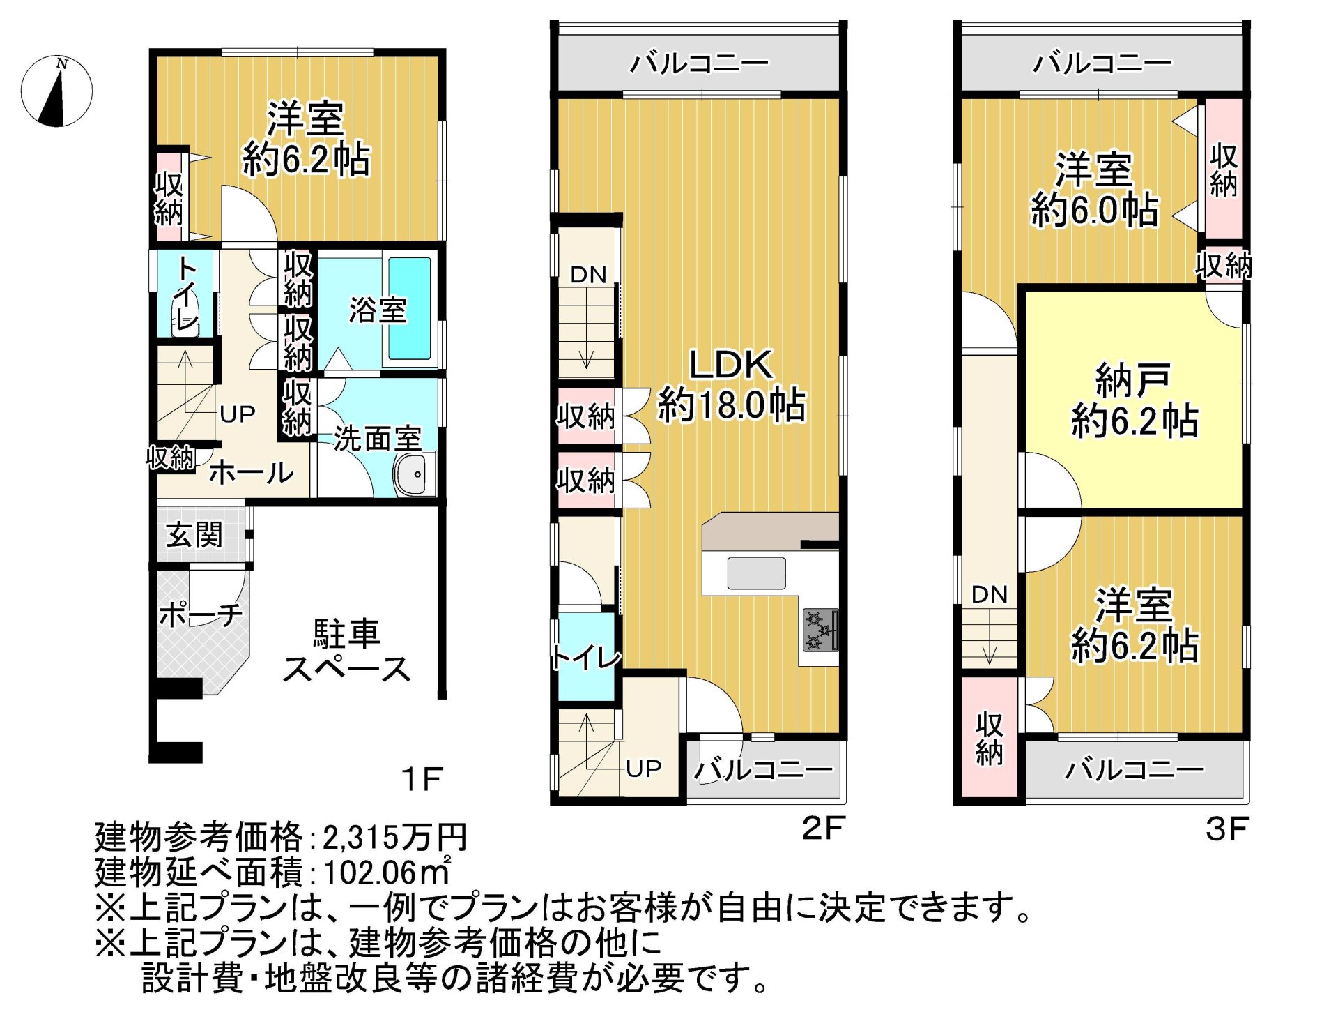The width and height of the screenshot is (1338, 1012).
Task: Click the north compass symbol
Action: pyautogui.click(x=56, y=91)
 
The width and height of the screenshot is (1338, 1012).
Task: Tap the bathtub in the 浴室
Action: pyautogui.click(x=409, y=308)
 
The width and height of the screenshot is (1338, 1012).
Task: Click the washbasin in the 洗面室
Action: pyautogui.click(x=414, y=474)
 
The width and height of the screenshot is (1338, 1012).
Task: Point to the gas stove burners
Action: pyautogui.click(x=820, y=630)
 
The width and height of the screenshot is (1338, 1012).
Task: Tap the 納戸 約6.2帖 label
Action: pyautogui.click(x=1135, y=400)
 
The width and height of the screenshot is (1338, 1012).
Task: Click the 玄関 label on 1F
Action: pyautogui.click(x=194, y=535)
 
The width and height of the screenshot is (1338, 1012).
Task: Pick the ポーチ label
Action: pyautogui.click(x=201, y=614)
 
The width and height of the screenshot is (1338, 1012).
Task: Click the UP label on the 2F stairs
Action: pyautogui.click(x=643, y=768)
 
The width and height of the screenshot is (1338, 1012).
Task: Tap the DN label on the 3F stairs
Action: pyautogui.click(x=989, y=594)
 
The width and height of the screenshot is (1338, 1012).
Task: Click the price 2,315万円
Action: pyautogui.click(x=394, y=836)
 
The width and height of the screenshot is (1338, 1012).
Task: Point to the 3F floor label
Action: pyautogui.click(x=1227, y=829)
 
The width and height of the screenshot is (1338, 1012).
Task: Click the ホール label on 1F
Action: pyautogui.click(x=252, y=473)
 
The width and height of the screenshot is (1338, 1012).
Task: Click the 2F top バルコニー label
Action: pyautogui.click(x=699, y=63)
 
